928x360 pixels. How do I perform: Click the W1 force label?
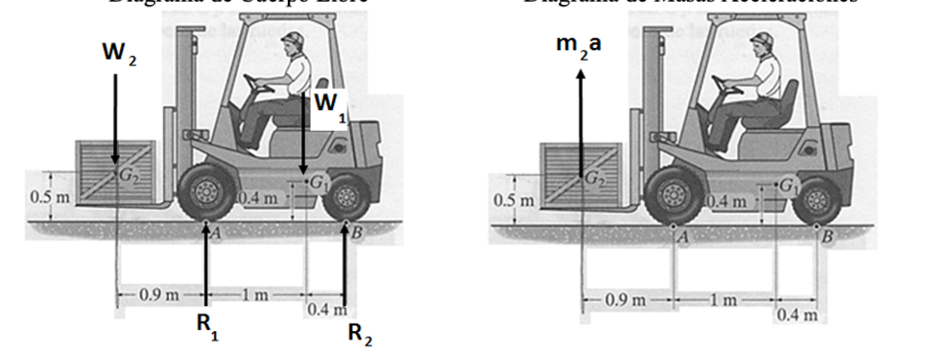[329, 106]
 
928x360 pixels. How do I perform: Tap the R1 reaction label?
[203, 324]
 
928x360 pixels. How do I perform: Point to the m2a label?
[579, 46]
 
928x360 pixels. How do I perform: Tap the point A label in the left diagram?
[215, 233]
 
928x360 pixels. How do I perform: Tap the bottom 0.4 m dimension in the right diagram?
[796, 314]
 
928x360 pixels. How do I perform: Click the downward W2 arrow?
[116, 116]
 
